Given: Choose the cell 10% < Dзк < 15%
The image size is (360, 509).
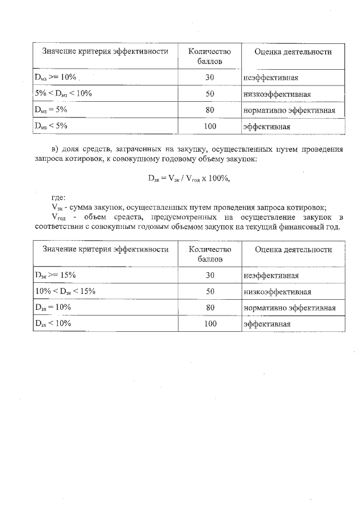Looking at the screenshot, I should coord(65,291).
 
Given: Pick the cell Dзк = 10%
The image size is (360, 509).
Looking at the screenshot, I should coord(52,308).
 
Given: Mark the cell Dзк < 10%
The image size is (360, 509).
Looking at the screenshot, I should coord(52,324).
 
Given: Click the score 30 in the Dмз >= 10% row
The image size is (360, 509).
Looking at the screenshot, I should coord(210,77).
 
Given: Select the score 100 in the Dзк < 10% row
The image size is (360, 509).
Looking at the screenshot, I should coord(210,324).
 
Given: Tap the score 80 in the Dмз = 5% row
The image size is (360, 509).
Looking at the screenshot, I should coord(210,110).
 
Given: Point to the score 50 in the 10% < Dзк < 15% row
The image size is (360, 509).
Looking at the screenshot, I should coord(210,291).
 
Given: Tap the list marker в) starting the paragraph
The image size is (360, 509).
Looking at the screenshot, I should coord(55,150).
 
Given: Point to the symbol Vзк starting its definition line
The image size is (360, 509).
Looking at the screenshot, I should coord(57,207).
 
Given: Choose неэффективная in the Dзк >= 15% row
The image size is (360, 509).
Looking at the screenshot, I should coord(271,276).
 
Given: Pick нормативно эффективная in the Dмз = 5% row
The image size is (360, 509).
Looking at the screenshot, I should coord(289,110).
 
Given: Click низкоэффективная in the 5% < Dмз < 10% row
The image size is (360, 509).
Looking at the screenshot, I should coord(277,94).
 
